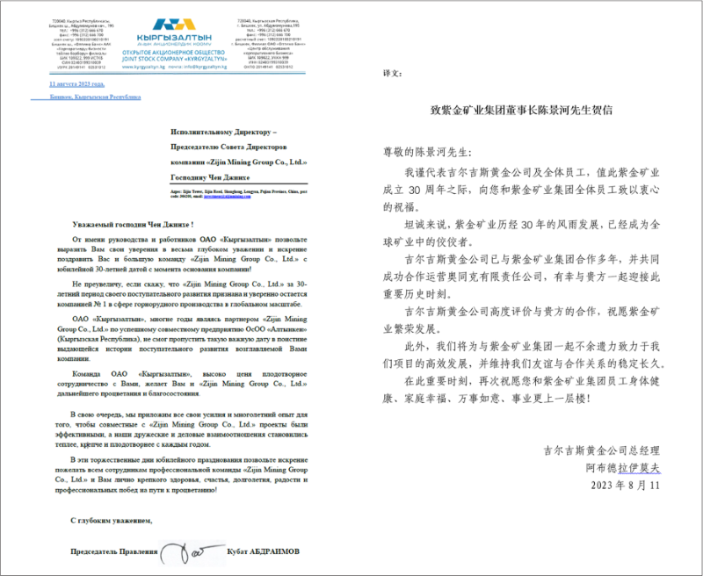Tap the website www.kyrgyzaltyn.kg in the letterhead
pyautogui.click(x=139, y=66)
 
